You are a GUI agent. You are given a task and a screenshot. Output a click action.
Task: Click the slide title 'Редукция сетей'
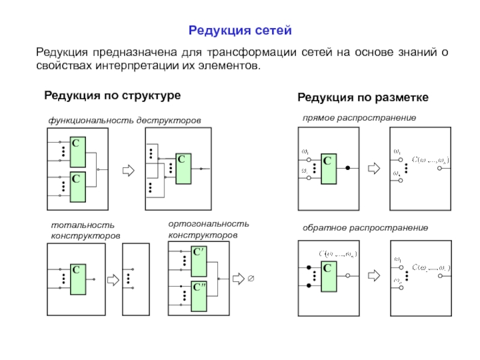pos(240,29)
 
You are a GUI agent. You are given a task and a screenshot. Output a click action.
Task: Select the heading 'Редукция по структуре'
pos(112,96)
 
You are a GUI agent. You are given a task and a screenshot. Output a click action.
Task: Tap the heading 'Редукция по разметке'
pos(364,97)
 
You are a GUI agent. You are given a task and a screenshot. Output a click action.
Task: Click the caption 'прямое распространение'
pos(359,118)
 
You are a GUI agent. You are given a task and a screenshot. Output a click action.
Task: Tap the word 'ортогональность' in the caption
pos(208,223)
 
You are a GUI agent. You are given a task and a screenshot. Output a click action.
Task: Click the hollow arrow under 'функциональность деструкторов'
pos(127,170)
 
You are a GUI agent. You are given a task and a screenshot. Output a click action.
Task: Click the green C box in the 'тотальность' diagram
pos(79,279)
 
